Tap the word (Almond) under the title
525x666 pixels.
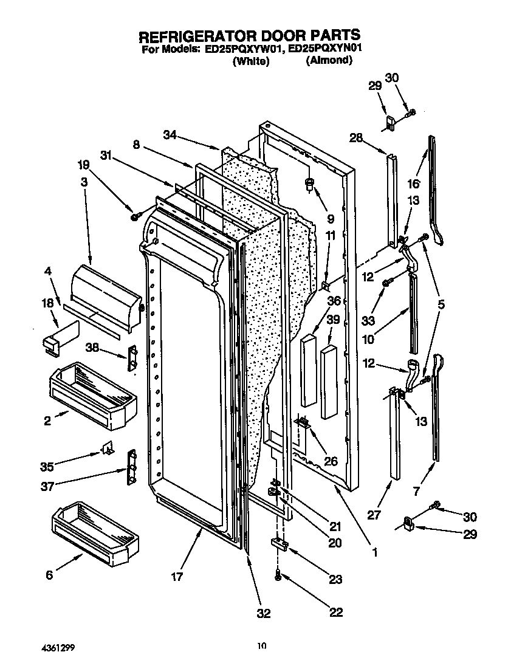[x=329, y=60]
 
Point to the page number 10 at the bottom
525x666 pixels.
[x=261, y=646]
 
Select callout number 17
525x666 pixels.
[x=176, y=577]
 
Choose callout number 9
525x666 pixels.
[x=330, y=219]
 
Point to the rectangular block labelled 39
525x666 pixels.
[x=329, y=382]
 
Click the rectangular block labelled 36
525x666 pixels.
[x=309, y=370]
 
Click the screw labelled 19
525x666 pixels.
[x=134, y=216]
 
